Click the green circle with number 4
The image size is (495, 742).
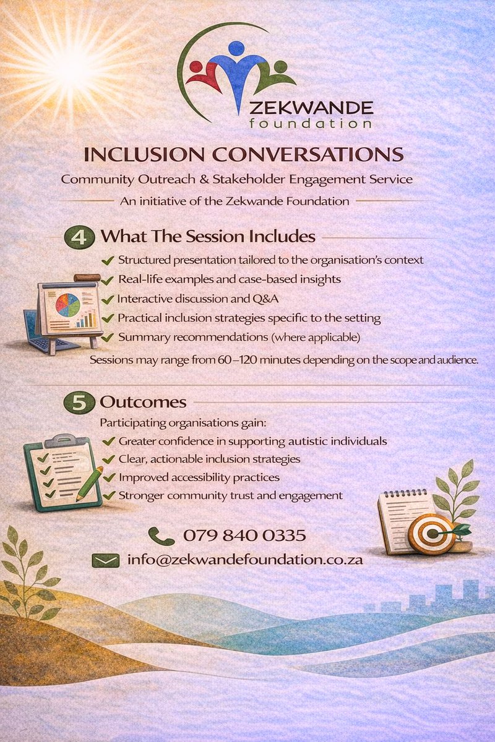80,237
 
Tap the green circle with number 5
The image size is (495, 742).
80,402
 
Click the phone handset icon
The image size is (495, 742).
161,535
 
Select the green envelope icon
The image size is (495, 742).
105,560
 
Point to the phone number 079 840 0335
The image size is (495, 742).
244,535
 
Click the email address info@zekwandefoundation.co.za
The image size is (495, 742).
245,560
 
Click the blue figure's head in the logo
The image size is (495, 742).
236,48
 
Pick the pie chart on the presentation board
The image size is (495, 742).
67,304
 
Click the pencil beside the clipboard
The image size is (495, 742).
90,483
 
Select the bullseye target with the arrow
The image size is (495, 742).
431,534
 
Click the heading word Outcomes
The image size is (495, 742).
143,402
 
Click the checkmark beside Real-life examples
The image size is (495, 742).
108,279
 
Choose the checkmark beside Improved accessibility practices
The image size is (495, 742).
108,477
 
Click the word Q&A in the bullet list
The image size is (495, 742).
267,299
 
